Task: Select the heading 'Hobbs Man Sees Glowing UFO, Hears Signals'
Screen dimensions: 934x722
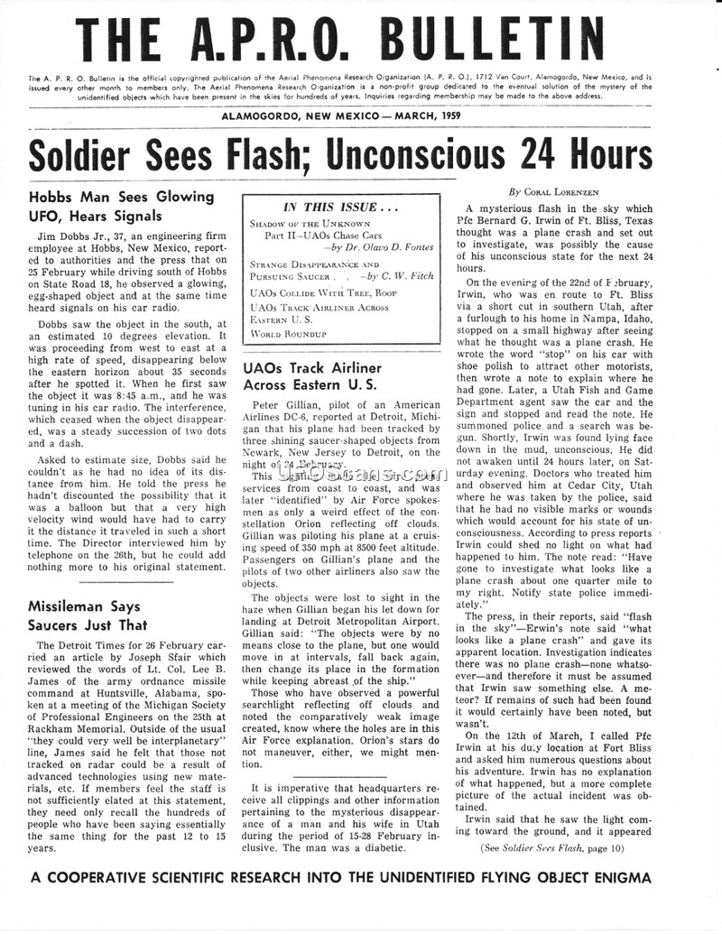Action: [x=121, y=206]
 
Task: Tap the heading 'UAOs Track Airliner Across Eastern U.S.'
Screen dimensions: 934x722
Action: [x=312, y=376]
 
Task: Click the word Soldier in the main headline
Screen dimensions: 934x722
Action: [x=82, y=154]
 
